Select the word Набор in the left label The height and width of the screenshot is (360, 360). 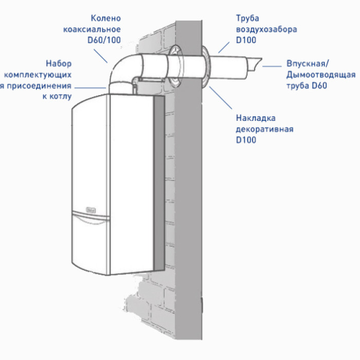coord(58,64)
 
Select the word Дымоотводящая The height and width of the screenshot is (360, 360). coord(320,75)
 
